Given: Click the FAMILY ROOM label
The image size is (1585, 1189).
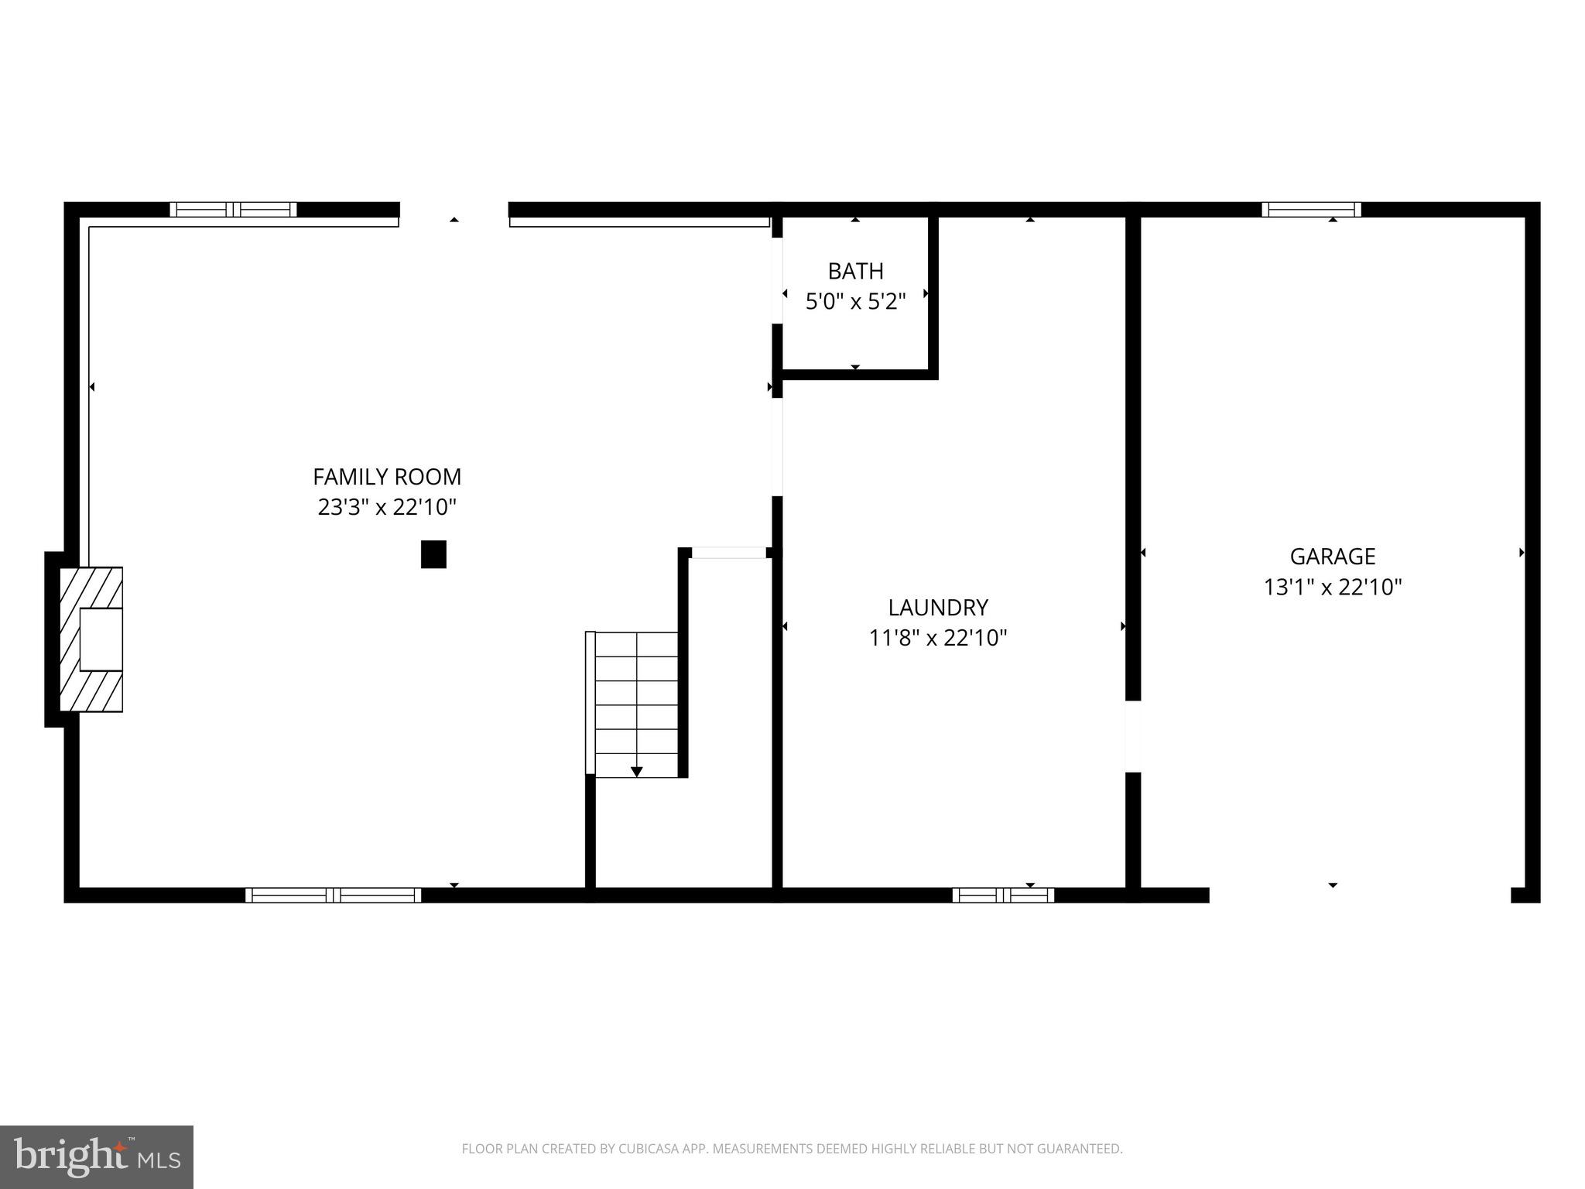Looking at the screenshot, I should coord(387,476).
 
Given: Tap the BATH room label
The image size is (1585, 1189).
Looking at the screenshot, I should coord(855,271).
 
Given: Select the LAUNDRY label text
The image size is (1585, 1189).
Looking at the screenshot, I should coord(938,607).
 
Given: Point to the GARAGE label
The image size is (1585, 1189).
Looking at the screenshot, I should coord(1333,557).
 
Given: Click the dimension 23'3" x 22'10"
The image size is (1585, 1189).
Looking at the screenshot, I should coord(387,507).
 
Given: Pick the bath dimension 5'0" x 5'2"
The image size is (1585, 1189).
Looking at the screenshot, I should coord(855,301).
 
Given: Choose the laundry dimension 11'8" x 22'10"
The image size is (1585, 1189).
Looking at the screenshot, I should coord(938,638).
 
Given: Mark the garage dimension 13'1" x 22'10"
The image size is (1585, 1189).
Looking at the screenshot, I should coord(1333,588).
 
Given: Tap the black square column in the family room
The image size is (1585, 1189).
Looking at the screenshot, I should coord(433,554).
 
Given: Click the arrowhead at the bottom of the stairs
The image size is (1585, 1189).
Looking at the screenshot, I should coord(636,772).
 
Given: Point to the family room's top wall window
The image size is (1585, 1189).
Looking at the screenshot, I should coord(233,209).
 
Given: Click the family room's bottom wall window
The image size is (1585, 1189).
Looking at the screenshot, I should coord(333,896).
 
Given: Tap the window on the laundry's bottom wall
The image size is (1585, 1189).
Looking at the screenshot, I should coord(1003,896).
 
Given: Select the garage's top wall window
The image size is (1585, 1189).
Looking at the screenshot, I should coord(1311,209).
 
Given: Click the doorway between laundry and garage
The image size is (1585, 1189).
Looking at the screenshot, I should coord(1132,736).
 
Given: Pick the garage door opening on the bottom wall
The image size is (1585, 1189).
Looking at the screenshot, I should coord(1360,896).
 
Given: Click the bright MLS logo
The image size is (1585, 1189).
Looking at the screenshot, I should coord(97,1157).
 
